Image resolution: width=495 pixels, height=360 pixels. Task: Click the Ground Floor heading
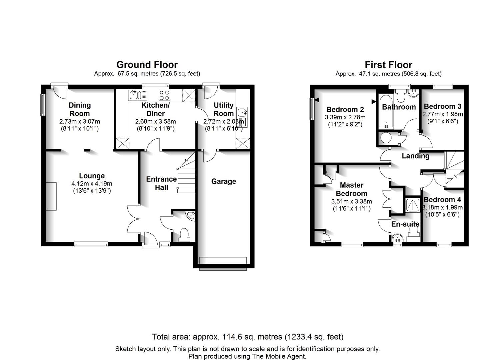pyautogui.click(x=147, y=65)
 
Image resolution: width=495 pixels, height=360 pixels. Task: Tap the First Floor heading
pyautogui.click(x=388, y=65)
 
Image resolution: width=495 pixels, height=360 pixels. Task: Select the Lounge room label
pyautogui.click(x=92, y=176)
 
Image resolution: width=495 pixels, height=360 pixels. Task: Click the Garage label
pyautogui.click(x=224, y=181)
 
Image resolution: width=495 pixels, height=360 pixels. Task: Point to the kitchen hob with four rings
pyautogui.click(x=164, y=95)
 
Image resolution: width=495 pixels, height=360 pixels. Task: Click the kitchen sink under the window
pyautogui.click(x=137, y=95)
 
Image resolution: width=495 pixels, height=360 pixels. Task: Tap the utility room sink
pyautogui.click(x=242, y=117)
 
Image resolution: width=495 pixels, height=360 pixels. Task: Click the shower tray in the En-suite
pyautogui.click(x=413, y=205)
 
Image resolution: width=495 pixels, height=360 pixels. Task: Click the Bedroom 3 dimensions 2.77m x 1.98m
pyautogui.click(x=443, y=114)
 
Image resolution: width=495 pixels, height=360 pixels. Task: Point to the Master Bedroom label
pyautogui.click(x=351, y=189)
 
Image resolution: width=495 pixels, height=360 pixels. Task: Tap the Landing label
pyautogui.click(x=415, y=156)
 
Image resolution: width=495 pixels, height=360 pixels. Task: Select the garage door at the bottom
pyautogui.click(x=223, y=264)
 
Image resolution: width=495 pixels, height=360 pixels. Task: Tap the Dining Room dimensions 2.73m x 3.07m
pyautogui.click(x=80, y=121)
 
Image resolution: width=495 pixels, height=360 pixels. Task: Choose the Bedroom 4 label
pyautogui.click(x=442, y=200)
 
